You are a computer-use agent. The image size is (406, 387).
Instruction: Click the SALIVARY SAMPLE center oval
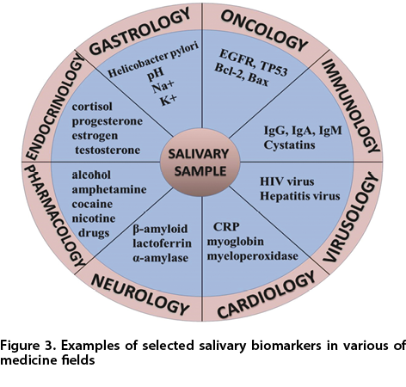point(200,163)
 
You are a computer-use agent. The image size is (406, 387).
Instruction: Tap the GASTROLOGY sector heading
point(139,32)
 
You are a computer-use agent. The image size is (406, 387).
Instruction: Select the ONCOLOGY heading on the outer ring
point(264,31)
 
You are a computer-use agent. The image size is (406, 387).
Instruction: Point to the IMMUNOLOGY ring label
point(351,106)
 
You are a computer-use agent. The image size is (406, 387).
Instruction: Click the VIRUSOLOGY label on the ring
point(352,217)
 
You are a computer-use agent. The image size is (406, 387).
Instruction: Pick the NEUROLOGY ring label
point(140,294)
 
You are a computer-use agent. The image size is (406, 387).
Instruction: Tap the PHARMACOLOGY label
point(54,216)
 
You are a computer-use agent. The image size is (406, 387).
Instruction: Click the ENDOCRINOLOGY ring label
point(55,107)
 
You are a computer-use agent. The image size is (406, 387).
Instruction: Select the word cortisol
point(92,107)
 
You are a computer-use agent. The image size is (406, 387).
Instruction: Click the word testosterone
point(108,150)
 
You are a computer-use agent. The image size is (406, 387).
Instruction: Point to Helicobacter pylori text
point(153,60)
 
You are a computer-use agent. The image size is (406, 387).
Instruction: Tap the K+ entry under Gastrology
point(169,100)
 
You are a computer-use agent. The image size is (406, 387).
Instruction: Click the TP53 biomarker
point(274,69)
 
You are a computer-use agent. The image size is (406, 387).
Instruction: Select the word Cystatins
point(289,144)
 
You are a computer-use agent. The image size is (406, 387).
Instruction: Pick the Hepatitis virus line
point(300,196)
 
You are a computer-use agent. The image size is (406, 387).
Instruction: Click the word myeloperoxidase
point(253,256)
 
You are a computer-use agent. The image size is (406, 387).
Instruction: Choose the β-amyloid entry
point(160,229)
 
